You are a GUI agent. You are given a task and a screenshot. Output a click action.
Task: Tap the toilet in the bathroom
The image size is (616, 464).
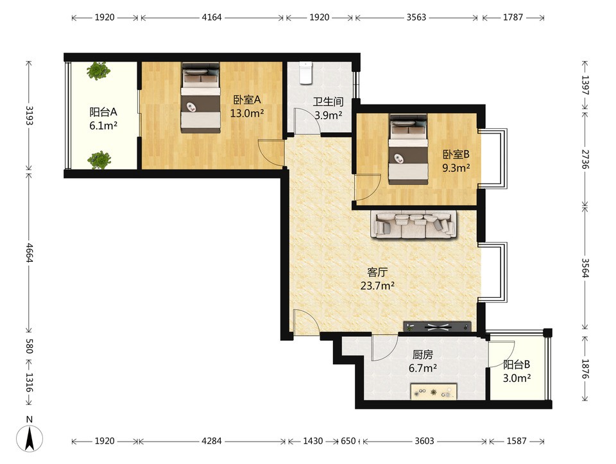click(x=305, y=73)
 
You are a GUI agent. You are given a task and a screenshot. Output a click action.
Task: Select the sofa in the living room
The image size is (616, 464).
click(x=413, y=225)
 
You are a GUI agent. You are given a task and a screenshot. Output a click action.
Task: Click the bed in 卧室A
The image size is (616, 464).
click(x=200, y=98)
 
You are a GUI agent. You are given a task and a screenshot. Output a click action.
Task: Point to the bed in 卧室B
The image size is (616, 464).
click(x=408, y=149)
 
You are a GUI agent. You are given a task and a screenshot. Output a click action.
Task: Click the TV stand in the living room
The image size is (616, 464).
click(x=438, y=327)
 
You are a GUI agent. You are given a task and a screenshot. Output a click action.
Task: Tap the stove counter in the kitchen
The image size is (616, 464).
click(x=434, y=391)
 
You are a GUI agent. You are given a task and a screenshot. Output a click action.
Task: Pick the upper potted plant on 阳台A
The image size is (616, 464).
click(x=98, y=71)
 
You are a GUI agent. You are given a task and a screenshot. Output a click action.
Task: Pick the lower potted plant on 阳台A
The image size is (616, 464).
click(x=99, y=160)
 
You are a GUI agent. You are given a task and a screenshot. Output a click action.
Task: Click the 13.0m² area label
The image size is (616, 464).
click(x=246, y=114)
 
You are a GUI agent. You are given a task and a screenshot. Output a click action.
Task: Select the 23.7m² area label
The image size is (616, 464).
click(x=377, y=286)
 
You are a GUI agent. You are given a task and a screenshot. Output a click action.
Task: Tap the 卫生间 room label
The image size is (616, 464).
click(x=328, y=102)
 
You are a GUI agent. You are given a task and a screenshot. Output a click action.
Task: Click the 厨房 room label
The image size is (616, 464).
click(x=423, y=355)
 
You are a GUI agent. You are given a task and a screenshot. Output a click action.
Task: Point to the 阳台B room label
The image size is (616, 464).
click(x=517, y=365)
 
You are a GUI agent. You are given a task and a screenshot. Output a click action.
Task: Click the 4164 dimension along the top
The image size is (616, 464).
click(x=212, y=17)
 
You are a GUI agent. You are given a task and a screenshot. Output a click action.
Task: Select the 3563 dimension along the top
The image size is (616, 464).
click(x=416, y=17)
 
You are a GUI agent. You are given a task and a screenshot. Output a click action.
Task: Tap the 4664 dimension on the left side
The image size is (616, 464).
click(x=29, y=253)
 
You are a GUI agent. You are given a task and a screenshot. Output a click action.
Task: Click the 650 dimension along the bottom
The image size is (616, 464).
click(x=348, y=441)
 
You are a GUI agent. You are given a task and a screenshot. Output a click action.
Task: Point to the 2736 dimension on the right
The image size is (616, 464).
click(x=585, y=159)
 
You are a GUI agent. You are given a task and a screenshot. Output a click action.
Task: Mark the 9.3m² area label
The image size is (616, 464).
click(x=456, y=168)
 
